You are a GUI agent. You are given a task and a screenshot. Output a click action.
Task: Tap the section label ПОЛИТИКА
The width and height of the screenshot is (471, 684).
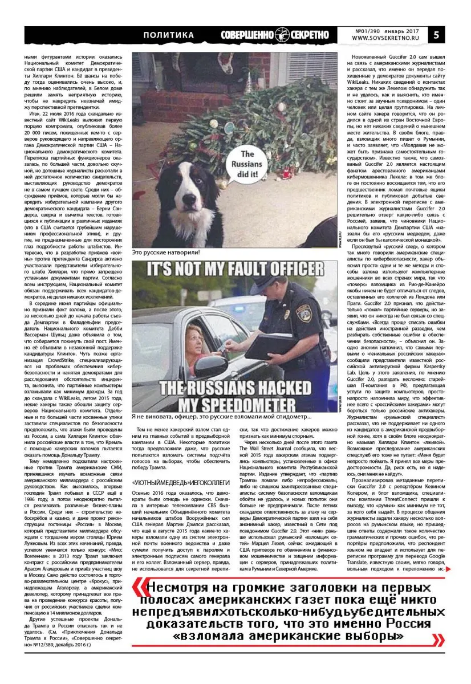(x=169, y=35)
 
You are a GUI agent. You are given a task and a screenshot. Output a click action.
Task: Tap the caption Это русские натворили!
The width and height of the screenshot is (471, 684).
(x=166, y=252)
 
